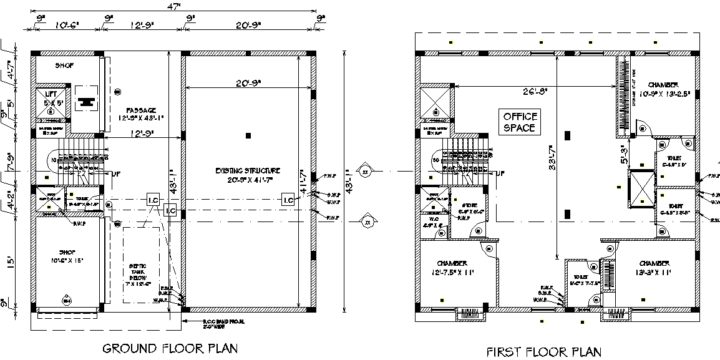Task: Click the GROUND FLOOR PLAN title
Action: coord(170,348)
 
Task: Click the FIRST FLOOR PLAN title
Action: coord(543,351)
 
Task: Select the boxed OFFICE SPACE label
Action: coord(519,122)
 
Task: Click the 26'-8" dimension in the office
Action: coord(535,91)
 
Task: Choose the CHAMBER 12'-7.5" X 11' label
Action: coord(452,268)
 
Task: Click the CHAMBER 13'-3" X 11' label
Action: coord(654,268)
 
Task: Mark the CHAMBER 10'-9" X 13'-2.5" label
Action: coord(662,89)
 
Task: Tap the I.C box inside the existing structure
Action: coord(288,200)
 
